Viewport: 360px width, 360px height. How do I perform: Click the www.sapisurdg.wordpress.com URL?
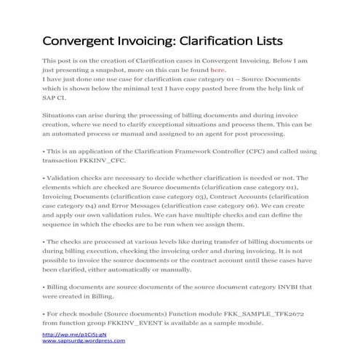click(84, 340)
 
